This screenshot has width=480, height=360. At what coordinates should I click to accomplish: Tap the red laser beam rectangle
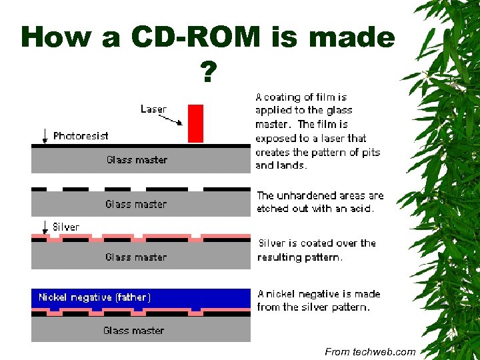[195, 123]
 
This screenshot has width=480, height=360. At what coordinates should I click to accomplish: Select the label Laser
[153, 109]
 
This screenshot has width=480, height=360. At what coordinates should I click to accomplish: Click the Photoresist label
[81, 135]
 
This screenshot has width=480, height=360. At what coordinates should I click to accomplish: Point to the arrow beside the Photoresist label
[45, 135]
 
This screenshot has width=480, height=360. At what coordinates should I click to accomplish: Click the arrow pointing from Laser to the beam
[171, 120]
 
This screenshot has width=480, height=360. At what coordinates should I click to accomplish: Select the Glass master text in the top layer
[137, 160]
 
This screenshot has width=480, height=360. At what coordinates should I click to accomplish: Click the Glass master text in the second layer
[136, 204]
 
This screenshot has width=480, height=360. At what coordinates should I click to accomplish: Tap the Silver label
[66, 227]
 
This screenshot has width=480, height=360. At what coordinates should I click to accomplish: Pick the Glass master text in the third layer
[136, 257]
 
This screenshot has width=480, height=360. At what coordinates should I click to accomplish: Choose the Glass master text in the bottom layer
[134, 330]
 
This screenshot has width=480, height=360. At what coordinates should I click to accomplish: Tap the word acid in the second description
[361, 209]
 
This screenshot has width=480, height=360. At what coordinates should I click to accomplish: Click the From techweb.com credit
[370, 351]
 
